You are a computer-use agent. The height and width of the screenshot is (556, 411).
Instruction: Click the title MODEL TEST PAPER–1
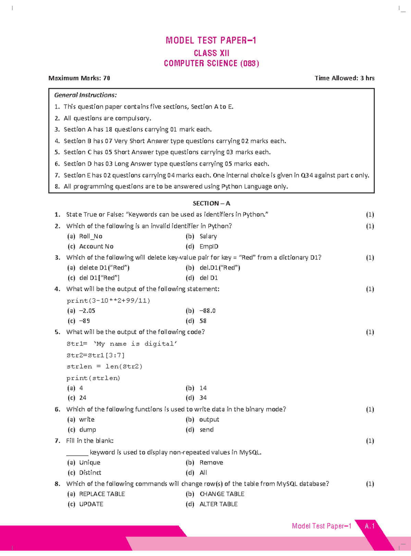pos(211,41)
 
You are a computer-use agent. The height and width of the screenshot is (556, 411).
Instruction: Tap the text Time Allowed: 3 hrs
pos(344,78)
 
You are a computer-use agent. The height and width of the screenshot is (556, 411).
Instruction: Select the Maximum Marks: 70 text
pos(79,78)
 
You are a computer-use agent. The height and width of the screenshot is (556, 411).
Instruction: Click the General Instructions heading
pos(85,95)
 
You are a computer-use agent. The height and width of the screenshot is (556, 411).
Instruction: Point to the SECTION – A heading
pos(211,203)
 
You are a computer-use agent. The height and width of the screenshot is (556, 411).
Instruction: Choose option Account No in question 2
pos(96,247)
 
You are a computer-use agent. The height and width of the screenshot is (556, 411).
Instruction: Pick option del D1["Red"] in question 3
pos(99,278)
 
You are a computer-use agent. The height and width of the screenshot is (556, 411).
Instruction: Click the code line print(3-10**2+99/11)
pos(108,301)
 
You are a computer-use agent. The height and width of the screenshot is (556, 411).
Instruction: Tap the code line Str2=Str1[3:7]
pos(96,355)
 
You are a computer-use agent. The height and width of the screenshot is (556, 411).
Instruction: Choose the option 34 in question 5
pos(203,398)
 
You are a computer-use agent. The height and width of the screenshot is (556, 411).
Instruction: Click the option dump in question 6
pos(87,430)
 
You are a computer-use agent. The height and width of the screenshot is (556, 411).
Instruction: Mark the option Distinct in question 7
pos(90,473)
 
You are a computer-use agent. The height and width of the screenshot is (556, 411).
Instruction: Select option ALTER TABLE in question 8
pos(218,504)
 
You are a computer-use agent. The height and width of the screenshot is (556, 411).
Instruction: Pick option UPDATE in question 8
pos(91,504)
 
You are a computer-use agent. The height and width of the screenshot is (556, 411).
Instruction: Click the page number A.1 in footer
pos(370,526)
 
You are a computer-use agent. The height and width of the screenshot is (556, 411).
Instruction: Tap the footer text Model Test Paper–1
pos(321,526)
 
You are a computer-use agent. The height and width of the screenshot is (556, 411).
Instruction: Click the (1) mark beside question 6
pos(370,409)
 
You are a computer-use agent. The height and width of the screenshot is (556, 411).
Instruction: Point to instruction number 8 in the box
pos(57,187)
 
